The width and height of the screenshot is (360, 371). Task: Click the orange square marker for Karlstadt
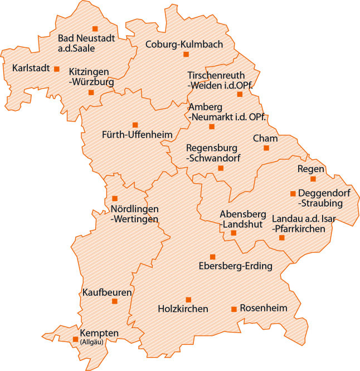point(56,69)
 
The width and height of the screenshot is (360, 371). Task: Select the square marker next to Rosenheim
point(234,309)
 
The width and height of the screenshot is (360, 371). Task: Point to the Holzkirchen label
point(183,309)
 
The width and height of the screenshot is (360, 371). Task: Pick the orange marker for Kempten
point(76,339)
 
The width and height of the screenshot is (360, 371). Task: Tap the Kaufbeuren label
point(107,292)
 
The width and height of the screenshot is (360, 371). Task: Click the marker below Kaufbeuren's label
point(115,301)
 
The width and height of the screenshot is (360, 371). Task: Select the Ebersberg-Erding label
point(236,266)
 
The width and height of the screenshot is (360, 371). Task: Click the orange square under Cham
point(266,148)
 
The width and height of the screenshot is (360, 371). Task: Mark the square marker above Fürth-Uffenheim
point(135,125)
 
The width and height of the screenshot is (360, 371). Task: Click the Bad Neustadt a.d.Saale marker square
point(95,28)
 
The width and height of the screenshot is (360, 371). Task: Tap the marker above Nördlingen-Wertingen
point(115,198)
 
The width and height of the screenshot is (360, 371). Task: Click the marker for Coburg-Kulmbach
point(186,54)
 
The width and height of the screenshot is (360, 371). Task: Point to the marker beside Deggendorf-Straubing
point(293,194)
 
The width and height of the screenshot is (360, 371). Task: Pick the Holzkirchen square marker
point(188,300)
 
